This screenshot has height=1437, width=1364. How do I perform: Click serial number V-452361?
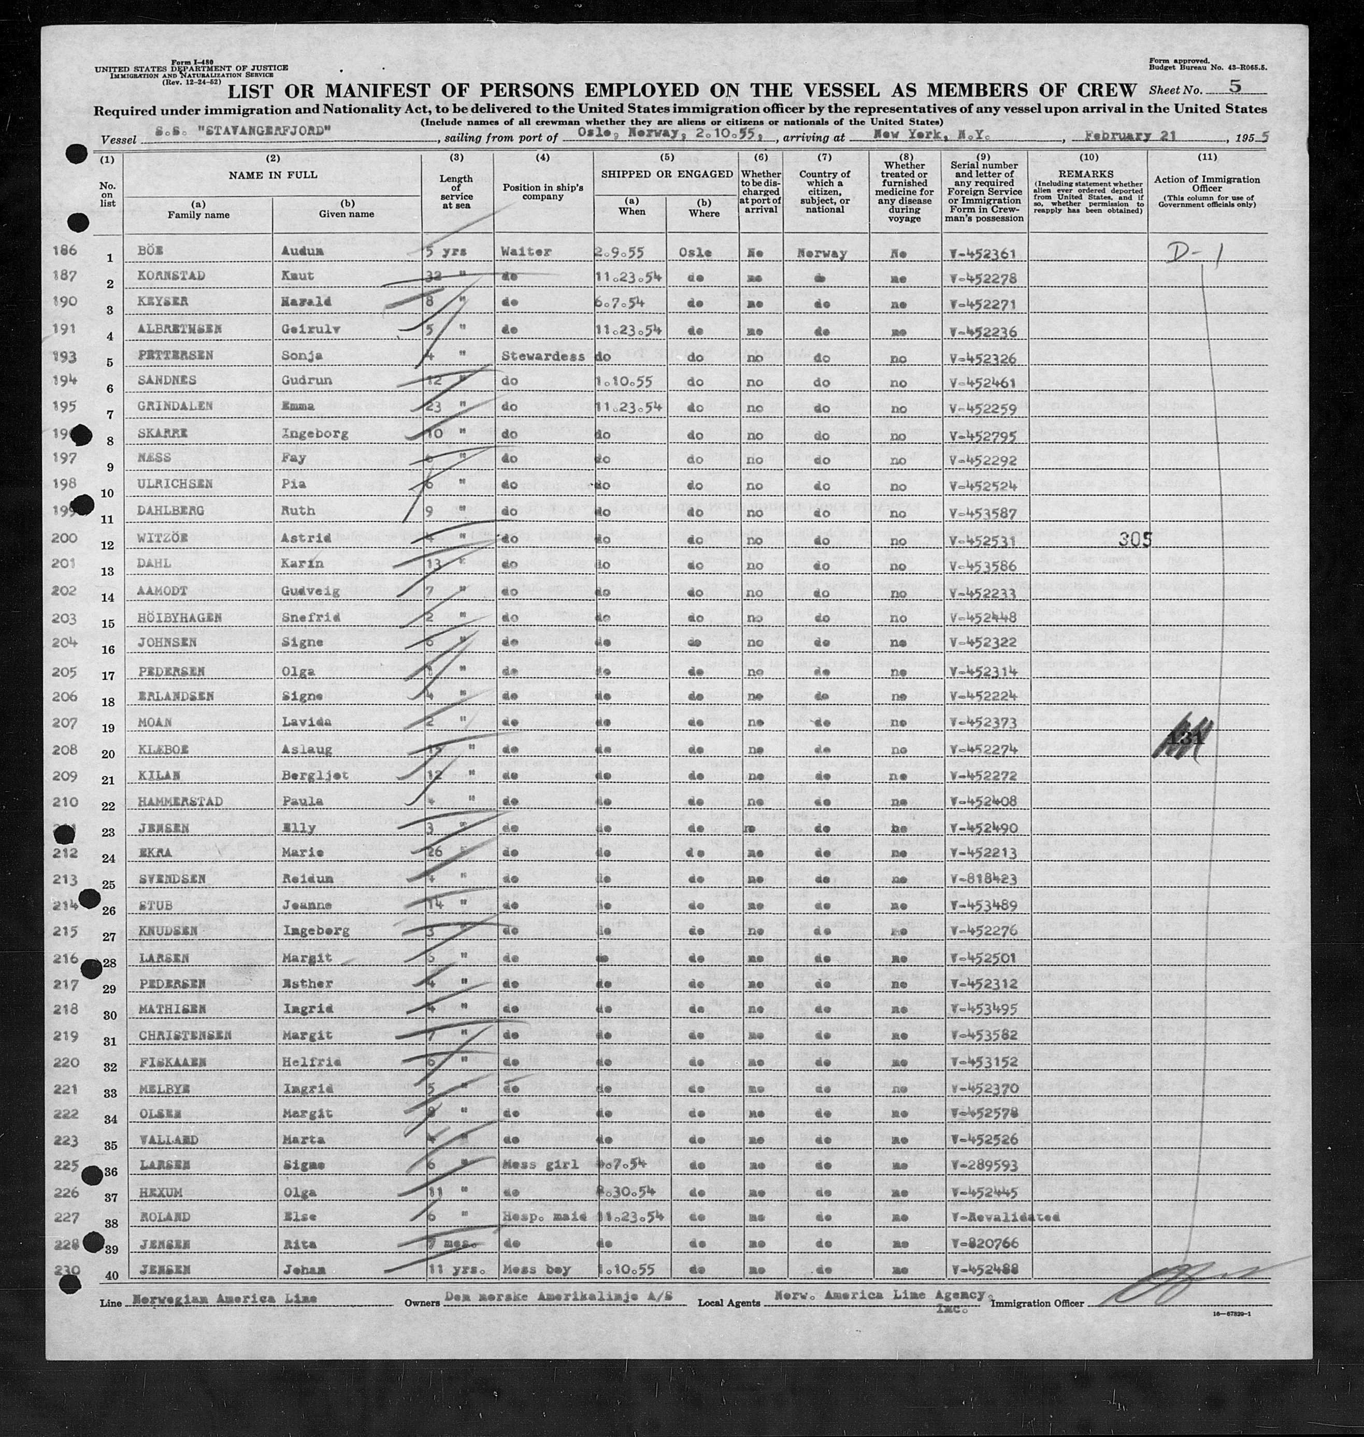pyautogui.click(x=982, y=254)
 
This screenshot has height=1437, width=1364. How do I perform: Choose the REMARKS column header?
pyautogui.click(x=1086, y=175)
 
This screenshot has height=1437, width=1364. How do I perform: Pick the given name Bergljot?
pyautogui.click(x=314, y=776)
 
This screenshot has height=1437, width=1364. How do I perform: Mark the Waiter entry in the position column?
pyautogui.click(x=526, y=252)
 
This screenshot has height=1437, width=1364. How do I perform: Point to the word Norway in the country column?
pyautogui.click(x=822, y=254)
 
